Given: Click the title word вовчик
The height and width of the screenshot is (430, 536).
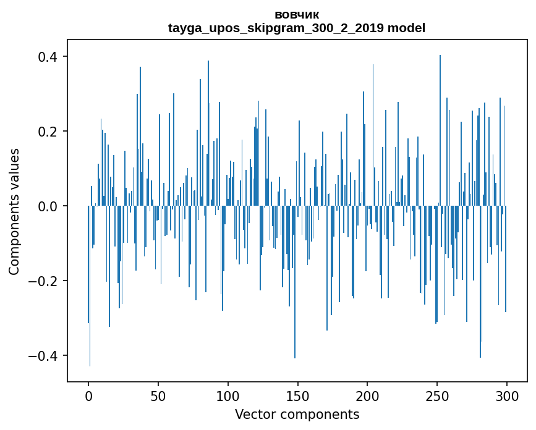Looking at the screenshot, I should tap(297, 14).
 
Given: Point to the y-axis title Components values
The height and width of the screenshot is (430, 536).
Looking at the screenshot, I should tap(14, 211).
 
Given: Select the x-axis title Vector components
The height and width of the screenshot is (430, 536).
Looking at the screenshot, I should tap(297, 415).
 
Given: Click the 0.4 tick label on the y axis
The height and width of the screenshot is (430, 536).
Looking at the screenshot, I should tap(48, 57).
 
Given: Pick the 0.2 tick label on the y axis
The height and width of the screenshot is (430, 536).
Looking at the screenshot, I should tap(48, 132).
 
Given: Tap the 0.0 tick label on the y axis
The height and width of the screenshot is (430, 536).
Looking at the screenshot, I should tap(48, 206).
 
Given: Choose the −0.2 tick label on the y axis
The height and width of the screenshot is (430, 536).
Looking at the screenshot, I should tap(44, 281).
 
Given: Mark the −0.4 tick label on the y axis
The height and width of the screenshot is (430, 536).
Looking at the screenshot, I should tap(44, 356).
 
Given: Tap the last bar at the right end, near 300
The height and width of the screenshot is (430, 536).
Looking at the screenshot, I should tap(506, 259).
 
